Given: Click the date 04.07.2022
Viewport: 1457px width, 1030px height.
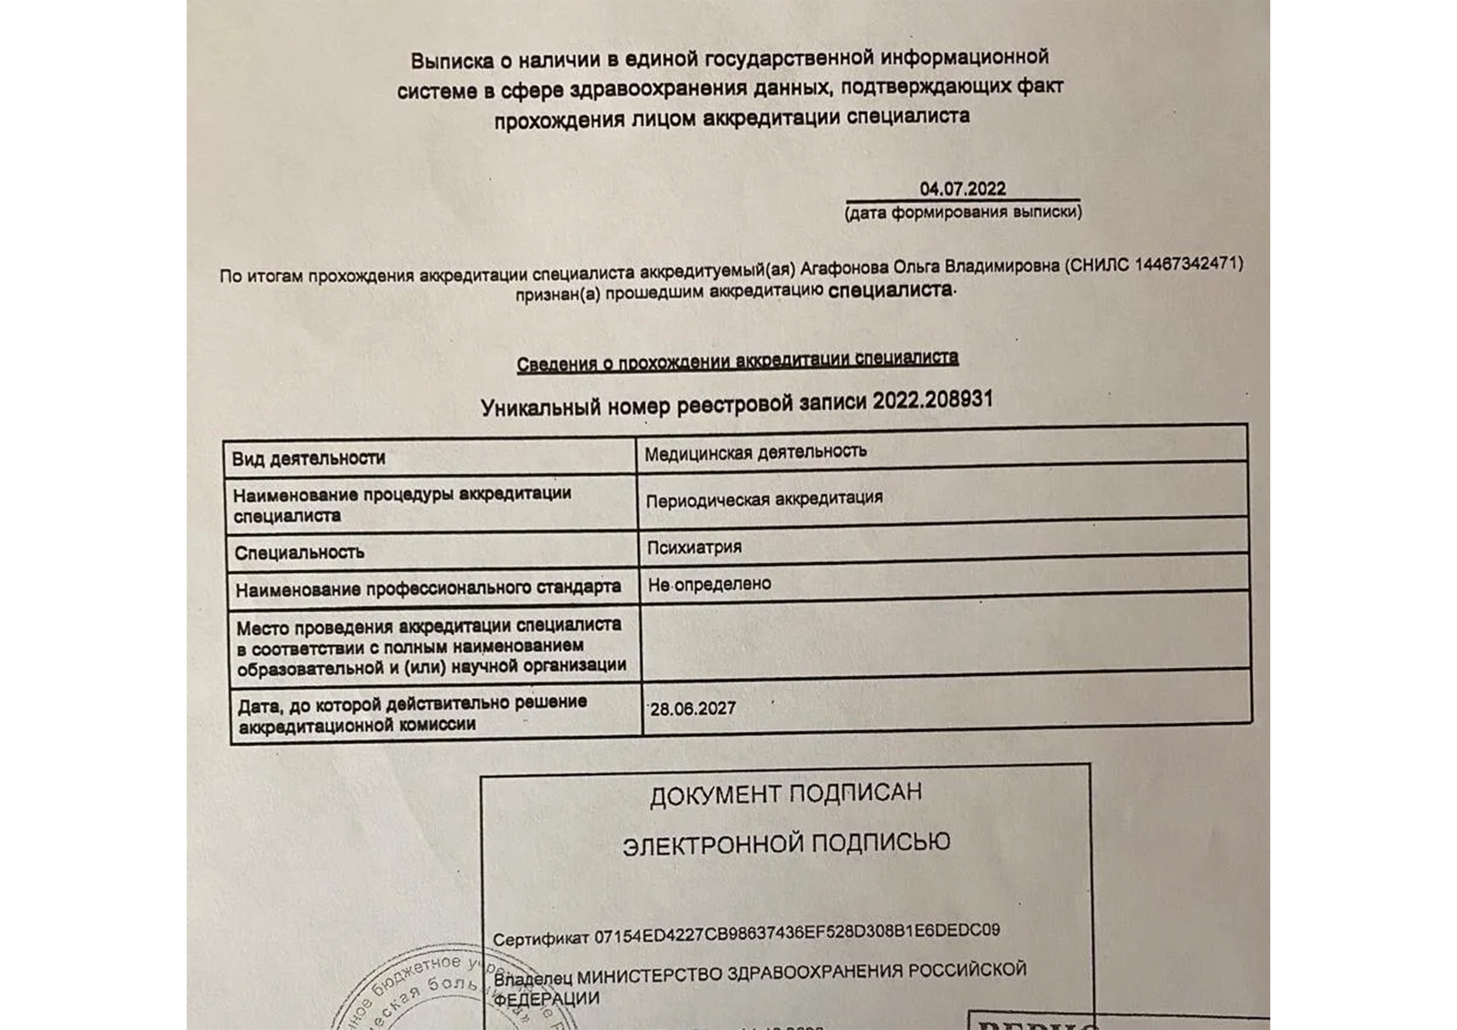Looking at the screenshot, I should point(962,188).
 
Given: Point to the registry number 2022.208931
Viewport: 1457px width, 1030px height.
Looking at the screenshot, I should point(932,401).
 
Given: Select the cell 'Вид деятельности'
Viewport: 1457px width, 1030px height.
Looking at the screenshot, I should point(308,458).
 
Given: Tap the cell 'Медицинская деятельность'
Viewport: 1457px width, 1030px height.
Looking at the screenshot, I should point(755,452).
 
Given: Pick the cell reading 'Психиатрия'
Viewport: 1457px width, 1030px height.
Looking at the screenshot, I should point(694,546).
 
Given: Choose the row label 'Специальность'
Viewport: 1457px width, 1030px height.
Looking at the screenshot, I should point(299,552).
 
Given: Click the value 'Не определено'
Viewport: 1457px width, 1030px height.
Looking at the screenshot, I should point(710,584).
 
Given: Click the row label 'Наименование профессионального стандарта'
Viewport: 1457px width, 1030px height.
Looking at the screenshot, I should point(429,588).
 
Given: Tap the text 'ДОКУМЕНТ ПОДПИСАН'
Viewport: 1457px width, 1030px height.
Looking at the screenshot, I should point(785,794).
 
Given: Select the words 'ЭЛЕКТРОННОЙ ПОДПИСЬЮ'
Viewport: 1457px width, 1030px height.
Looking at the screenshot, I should point(786,844).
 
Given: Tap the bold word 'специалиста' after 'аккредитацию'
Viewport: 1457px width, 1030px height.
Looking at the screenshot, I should point(890,290).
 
